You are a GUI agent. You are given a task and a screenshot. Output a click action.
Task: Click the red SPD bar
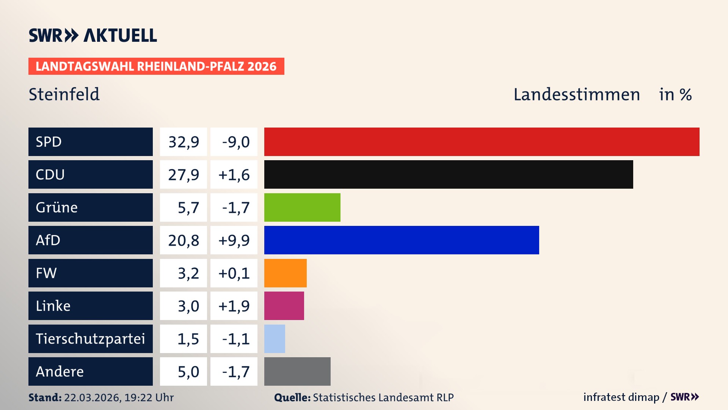pyautogui.click(x=482, y=142)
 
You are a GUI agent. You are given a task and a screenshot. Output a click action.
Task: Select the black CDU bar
pyautogui.click(x=449, y=174)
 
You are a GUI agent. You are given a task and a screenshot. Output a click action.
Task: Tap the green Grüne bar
pyautogui.click(x=302, y=207)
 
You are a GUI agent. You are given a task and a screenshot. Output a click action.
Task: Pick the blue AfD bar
pyautogui.click(x=402, y=240)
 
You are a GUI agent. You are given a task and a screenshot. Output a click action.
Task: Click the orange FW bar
pyautogui.click(x=285, y=273)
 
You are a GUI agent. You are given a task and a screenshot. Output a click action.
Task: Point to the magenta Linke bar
pyautogui.click(x=284, y=306)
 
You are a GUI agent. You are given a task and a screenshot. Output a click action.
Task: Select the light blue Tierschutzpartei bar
pyautogui.click(x=275, y=339)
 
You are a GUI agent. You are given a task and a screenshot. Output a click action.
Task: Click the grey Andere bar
pyautogui.click(x=297, y=371)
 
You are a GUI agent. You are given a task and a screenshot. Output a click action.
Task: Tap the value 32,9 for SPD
pyautogui.click(x=184, y=142)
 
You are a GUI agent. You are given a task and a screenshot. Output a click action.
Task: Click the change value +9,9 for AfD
pyautogui.click(x=234, y=240)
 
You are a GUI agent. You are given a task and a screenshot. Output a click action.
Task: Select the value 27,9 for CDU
pyautogui.click(x=184, y=175)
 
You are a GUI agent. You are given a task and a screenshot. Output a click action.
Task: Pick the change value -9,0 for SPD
pyautogui.click(x=235, y=142)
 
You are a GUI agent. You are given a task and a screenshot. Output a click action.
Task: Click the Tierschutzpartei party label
pyautogui.click(x=90, y=339)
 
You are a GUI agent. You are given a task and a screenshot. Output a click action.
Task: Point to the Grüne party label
pyautogui.click(x=57, y=207)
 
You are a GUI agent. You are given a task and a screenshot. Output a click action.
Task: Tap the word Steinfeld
pyautogui.click(x=64, y=94)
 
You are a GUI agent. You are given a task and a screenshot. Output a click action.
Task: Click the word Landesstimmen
pyautogui.click(x=576, y=95)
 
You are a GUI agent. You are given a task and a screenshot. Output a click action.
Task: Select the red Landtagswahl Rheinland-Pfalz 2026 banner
pyautogui.click(x=156, y=66)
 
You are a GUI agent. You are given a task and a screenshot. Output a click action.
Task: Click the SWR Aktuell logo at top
pyautogui.click(x=93, y=35)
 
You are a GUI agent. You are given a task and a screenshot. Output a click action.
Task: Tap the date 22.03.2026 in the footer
pyautogui.click(x=92, y=397)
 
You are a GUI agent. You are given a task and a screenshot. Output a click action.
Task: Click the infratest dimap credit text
pyautogui.click(x=621, y=397)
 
